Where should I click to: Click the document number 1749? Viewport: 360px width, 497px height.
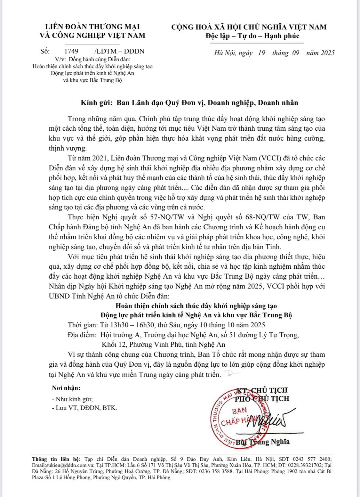coord(71,51)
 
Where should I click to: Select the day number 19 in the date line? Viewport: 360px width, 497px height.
coord(261,53)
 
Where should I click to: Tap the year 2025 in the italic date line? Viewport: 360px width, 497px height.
coord(327,53)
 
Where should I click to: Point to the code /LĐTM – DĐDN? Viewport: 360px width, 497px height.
coord(120,51)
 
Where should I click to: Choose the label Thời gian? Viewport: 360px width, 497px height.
coord(83,325)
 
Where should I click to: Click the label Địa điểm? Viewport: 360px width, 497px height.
coord(82,335)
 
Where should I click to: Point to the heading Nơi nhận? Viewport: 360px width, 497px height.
coord(66,388)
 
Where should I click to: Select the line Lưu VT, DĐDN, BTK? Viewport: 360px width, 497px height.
coord(86,408)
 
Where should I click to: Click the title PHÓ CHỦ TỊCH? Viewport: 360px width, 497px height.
coord(262,399)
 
